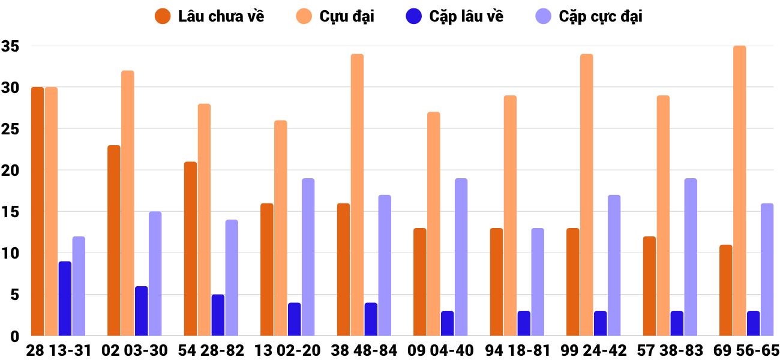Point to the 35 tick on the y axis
point(10,46)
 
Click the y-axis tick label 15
point(10,212)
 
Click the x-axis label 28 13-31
point(58,350)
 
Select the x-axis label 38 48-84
point(364,350)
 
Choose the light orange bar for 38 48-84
point(357,195)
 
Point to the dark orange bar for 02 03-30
point(114,240)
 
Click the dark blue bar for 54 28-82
point(218,315)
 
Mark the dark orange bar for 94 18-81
point(496,282)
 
